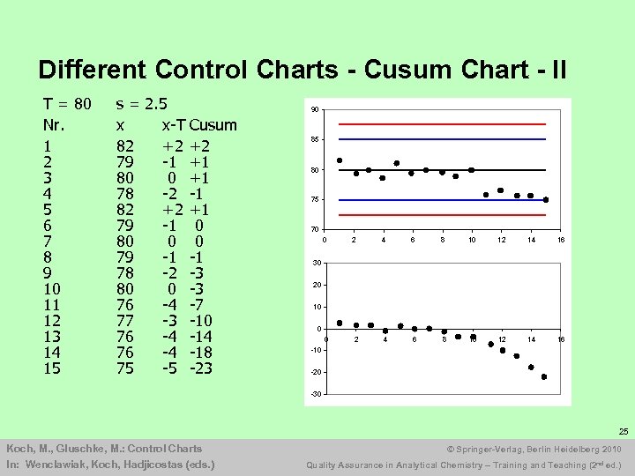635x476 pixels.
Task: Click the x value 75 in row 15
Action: (x=126, y=368)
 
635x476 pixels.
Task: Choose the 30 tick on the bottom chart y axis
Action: (x=315, y=263)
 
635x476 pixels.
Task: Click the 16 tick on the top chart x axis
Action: (x=560, y=240)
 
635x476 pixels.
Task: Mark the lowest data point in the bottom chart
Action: (x=544, y=377)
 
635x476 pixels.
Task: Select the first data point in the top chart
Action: (x=340, y=160)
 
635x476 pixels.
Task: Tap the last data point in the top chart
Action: (x=546, y=200)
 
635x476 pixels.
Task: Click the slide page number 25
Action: (x=623, y=432)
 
